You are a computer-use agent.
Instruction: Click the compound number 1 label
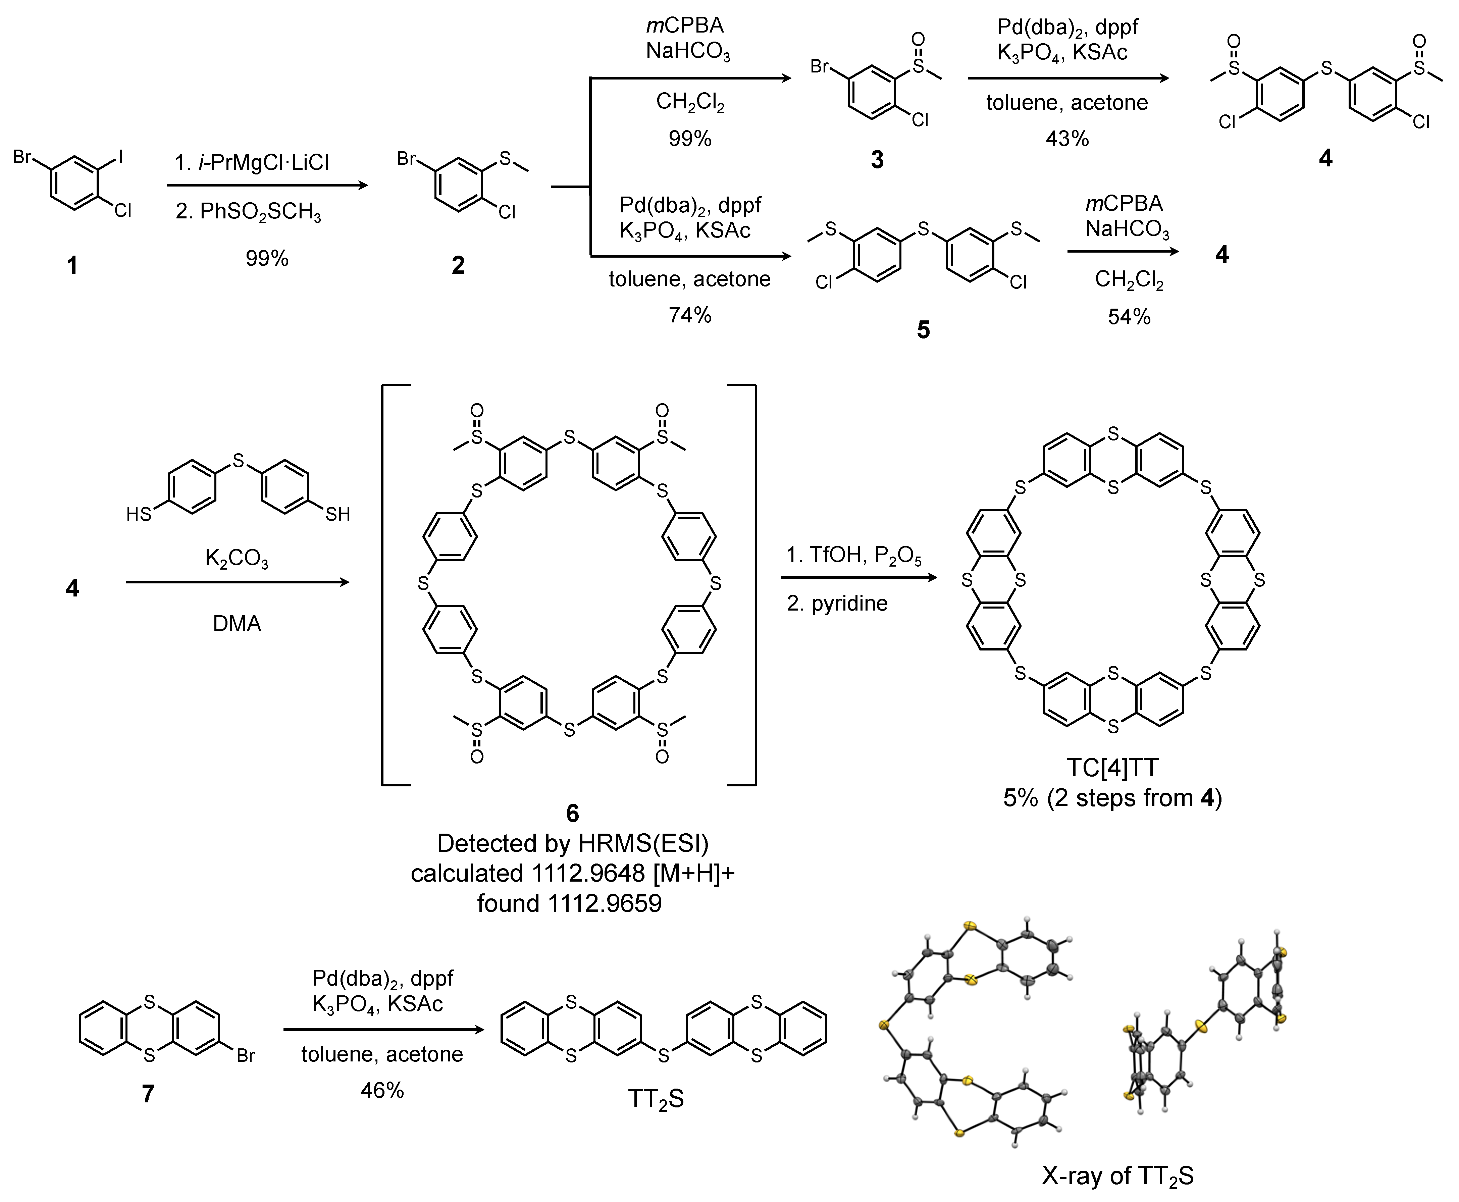coord(72,265)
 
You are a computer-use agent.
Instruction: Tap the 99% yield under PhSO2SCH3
coord(267,258)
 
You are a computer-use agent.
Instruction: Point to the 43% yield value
coord(1067,139)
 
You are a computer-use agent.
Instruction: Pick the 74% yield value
coord(690,315)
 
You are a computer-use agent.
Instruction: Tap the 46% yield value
coord(381,1091)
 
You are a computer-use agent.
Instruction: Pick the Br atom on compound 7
coord(246,1055)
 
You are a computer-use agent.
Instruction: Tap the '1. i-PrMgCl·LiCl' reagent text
coord(252,163)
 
